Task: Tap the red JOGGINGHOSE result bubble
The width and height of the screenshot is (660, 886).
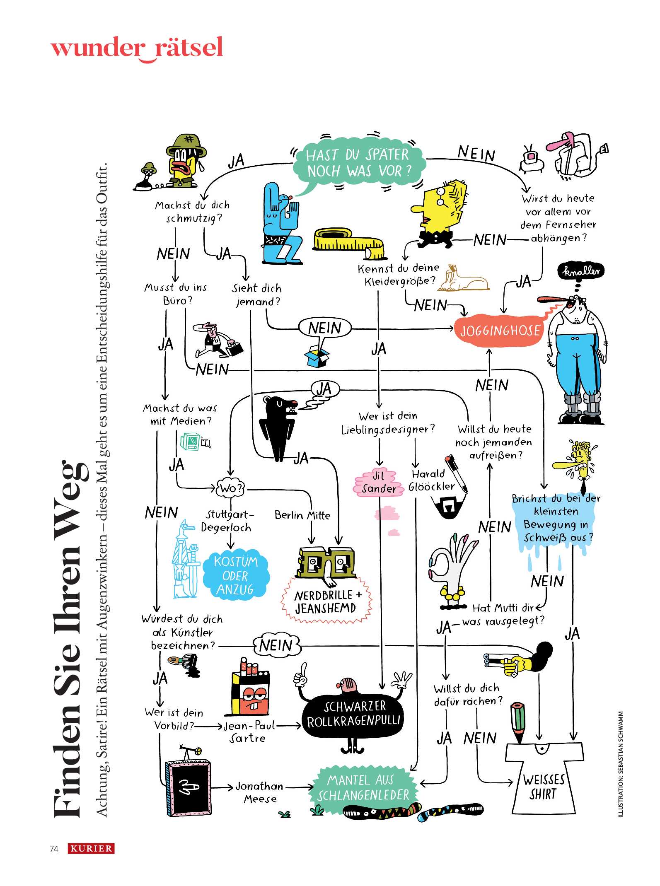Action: coord(500,331)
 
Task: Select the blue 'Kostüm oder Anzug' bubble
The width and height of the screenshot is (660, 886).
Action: coord(236,575)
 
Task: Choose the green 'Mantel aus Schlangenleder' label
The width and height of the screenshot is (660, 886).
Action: coord(363,787)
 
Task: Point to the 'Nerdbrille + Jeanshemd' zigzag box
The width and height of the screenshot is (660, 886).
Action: coord(327,602)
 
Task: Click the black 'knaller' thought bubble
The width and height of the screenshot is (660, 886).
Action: coord(581,271)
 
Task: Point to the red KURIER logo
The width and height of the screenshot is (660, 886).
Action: coord(91,848)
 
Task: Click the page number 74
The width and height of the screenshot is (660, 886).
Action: coord(54,849)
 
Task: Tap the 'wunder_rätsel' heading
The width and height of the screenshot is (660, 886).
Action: coord(137,48)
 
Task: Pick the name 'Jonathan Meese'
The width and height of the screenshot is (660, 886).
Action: coord(260,792)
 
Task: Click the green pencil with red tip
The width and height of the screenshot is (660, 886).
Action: coord(518,721)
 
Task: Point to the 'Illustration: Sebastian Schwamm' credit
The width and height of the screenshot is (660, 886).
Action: coord(620,765)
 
